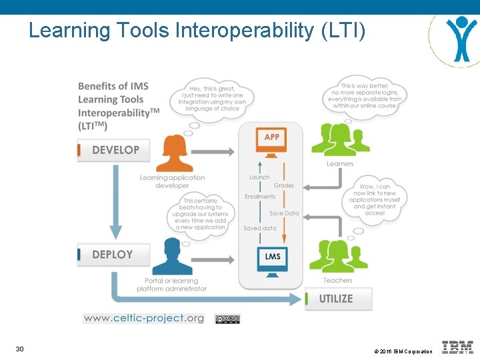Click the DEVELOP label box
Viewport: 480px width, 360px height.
click(113, 150)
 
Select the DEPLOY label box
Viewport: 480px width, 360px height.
click(113, 255)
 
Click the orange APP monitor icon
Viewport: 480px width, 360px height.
click(271, 141)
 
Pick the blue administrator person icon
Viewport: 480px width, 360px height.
click(173, 257)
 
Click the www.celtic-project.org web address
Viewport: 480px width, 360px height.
click(144, 318)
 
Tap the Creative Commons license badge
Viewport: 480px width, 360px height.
click(227, 319)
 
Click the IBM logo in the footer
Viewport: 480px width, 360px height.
click(457, 347)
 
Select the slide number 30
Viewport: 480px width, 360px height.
click(20, 349)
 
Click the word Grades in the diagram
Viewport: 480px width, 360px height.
click(283, 185)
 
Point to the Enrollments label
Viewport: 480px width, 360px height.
click(260, 197)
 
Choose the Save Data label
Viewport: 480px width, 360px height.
click(284, 213)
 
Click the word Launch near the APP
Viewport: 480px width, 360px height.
click(259, 177)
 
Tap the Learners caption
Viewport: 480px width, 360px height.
click(340, 163)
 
